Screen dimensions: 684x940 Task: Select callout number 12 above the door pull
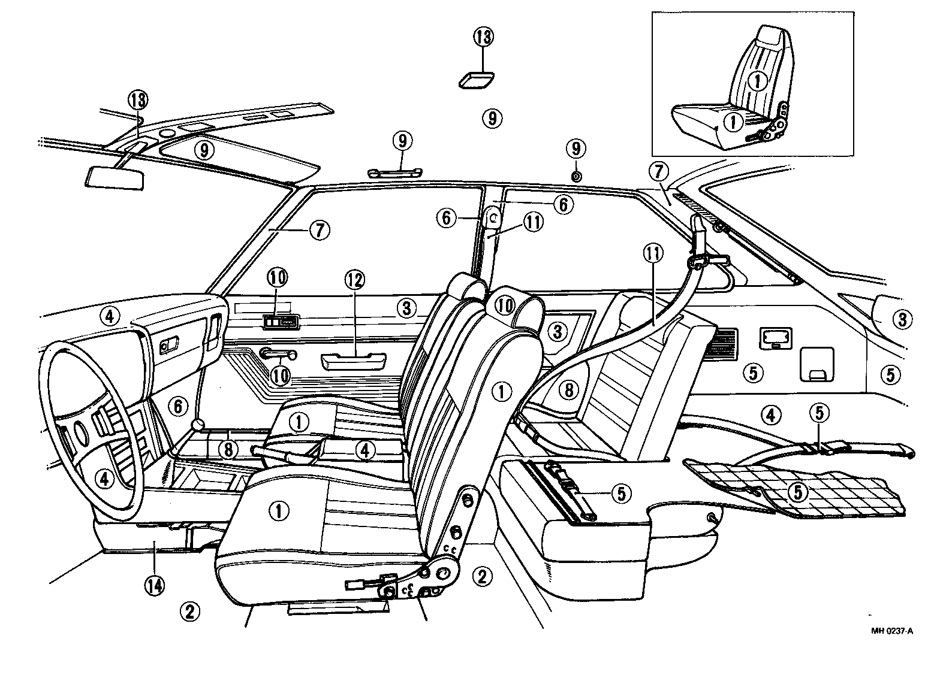point(354,279)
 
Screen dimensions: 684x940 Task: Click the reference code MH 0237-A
point(892,631)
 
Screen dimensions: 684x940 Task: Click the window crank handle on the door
point(278,355)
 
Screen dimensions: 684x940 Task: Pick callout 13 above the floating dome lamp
point(483,37)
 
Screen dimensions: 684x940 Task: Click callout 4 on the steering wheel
point(105,478)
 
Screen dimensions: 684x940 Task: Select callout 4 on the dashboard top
point(110,316)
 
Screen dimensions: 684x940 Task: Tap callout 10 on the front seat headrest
point(505,305)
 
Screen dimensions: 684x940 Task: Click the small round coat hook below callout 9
point(576,176)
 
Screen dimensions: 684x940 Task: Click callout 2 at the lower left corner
point(189,611)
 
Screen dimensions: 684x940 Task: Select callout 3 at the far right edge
point(902,319)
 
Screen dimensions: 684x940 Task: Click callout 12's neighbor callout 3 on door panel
point(406,308)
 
